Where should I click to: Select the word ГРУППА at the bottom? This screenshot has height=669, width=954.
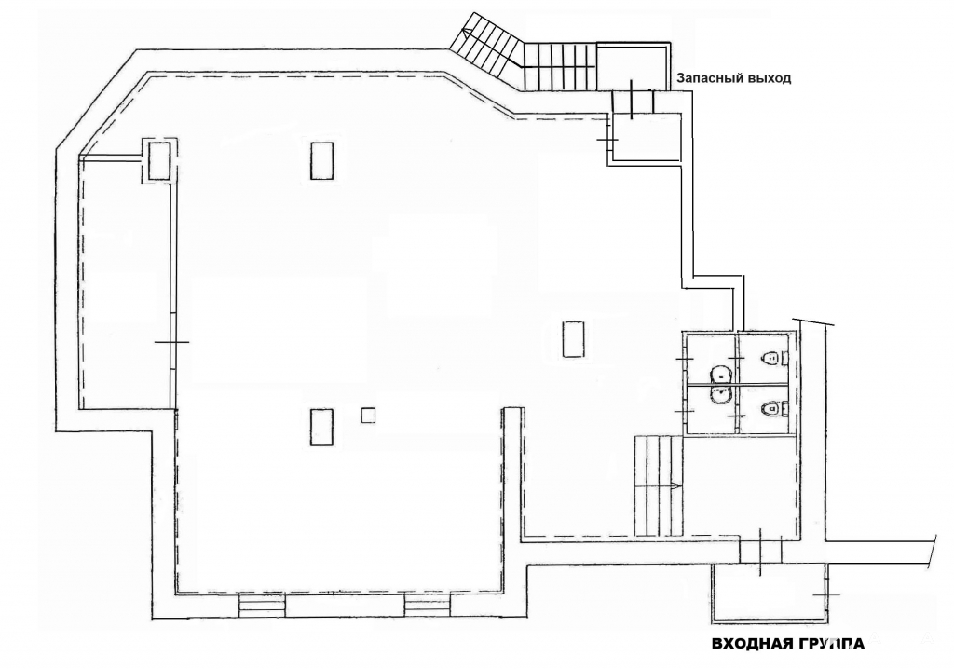click(827, 644)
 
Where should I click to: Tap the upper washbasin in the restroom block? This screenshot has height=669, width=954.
click(721, 375)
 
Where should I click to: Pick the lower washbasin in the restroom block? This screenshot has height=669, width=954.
click(721, 396)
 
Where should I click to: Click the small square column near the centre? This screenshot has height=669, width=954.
click(368, 416)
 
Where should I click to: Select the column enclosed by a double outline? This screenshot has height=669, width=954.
click(159, 159)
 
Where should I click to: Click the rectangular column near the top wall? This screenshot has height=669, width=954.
click(321, 160)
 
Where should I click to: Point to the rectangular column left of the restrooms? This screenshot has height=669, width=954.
click(574, 339)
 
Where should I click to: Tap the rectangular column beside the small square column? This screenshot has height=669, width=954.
click(321, 427)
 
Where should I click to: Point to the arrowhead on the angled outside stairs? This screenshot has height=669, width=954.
click(466, 32)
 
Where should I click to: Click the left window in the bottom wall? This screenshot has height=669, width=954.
click(262, 606)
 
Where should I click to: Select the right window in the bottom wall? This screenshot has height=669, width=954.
click(428, 606)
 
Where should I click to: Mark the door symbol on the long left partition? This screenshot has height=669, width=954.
click(172, 342)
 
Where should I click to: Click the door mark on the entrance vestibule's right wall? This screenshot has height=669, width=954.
click(826, 594)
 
